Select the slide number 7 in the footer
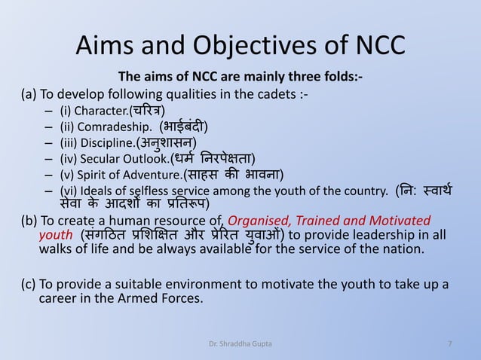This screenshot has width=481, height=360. coord(450,344)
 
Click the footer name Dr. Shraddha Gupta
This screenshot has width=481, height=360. coord(240,344)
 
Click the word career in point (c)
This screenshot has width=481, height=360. coord(56,300)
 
